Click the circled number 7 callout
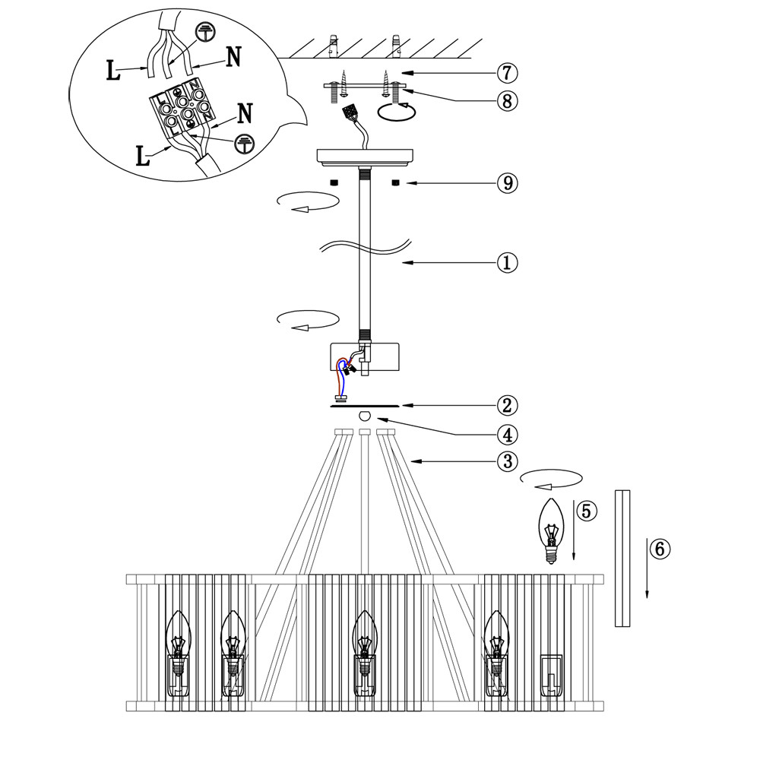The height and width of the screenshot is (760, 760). [507, 73]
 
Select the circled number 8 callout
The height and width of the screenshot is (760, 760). [507, 100]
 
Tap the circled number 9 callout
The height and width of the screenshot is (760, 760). [507, 183]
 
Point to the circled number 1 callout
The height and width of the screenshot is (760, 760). [507, 263]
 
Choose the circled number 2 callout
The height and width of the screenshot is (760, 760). [507, 405]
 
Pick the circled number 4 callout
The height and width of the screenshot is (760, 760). [507, 435]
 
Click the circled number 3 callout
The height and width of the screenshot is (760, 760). [507, 461]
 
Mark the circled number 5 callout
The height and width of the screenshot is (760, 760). [586, 511]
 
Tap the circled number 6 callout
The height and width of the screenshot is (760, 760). [661, 549]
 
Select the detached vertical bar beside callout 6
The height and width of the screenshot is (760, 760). [623, 559]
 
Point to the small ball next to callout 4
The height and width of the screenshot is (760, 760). [366, 416]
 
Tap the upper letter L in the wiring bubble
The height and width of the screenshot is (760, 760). [112, 72]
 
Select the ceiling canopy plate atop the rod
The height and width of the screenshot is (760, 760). [366, 156]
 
